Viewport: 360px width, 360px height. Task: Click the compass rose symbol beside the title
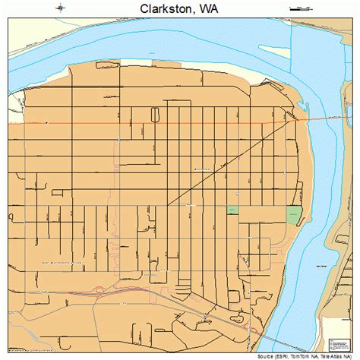(60, 8)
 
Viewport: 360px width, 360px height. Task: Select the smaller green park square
(232, 209)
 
